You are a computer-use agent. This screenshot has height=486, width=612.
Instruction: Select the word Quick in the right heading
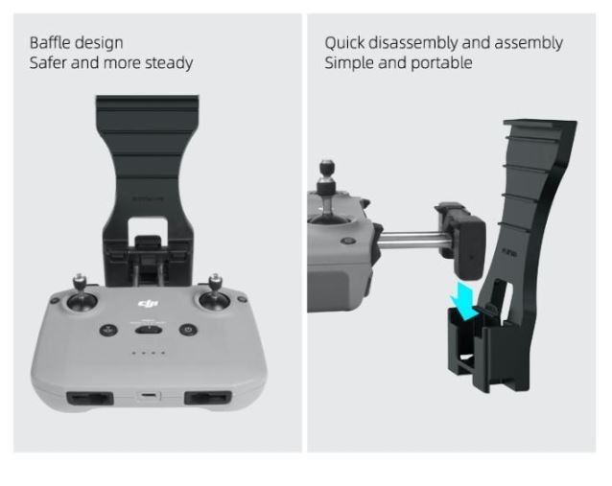point(344,43)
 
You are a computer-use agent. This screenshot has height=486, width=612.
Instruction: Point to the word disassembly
point(413,43)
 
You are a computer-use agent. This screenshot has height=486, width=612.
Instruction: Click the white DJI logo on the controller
point(148,304)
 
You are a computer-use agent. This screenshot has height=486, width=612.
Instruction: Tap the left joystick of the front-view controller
point(82,295)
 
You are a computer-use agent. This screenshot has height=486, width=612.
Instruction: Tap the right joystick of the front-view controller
point(214,295)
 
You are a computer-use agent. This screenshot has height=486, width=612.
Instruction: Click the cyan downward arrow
point(464,301)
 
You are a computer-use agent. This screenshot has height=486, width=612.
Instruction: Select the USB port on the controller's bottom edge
point(149,396)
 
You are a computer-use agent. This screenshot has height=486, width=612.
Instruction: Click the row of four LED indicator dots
point(148,353)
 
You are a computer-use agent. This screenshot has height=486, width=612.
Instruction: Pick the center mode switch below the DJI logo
point(149,330)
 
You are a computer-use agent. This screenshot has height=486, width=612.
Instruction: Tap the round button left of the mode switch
point(108,330)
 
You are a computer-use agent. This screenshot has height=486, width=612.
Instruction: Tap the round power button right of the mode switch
point(188,330)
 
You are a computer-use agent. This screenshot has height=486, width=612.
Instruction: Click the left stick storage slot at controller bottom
point(90,398)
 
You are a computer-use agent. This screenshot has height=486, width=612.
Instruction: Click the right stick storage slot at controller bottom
point(207,398)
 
